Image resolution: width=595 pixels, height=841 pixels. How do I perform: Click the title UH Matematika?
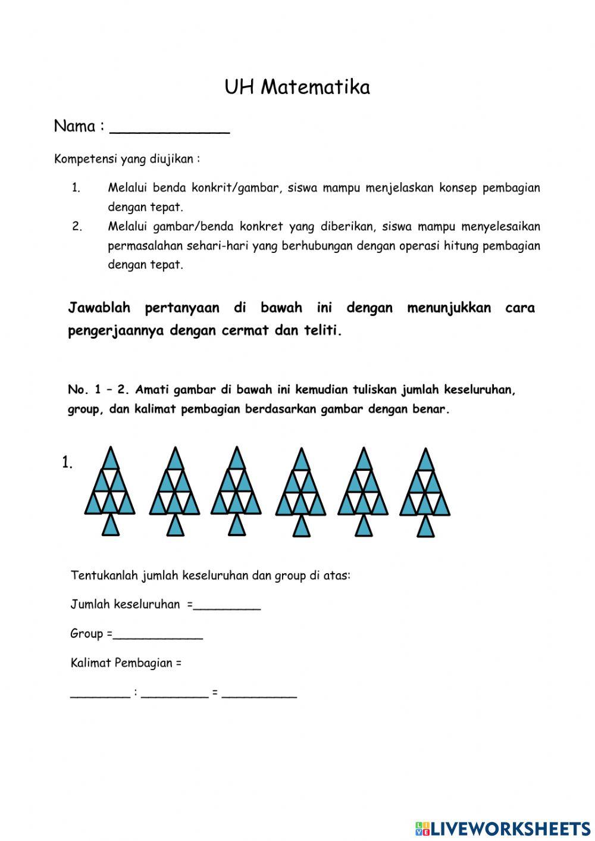click(297, 87)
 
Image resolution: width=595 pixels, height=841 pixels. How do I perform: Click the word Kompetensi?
click(86, 159)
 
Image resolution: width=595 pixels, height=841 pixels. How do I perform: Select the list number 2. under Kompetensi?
click(77, 226)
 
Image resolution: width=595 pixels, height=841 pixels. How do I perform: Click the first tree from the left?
click(109, 491)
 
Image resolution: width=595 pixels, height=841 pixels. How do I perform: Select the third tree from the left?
click(237, 491)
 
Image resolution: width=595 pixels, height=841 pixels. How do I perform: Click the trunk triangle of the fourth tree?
click(302, 526)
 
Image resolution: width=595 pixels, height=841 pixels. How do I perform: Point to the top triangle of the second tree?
click(175, 459)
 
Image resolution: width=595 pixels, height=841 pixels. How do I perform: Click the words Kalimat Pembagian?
click(121, 663)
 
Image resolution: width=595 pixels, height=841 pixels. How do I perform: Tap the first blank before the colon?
click(100, 695)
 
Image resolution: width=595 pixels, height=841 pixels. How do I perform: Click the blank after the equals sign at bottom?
click(259, 695)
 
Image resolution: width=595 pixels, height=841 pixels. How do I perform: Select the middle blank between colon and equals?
click(175, 695)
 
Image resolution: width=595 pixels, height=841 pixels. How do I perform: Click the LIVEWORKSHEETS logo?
click(503, 828)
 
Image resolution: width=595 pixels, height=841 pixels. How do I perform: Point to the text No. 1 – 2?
click(98, 390)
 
